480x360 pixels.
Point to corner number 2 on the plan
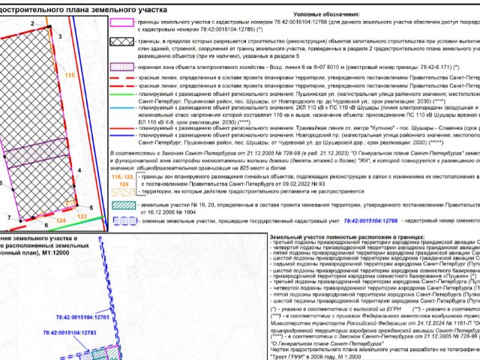pyautogui.click(x=33, y=24)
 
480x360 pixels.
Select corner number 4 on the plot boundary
pyautogui.click(x=79, y=172)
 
